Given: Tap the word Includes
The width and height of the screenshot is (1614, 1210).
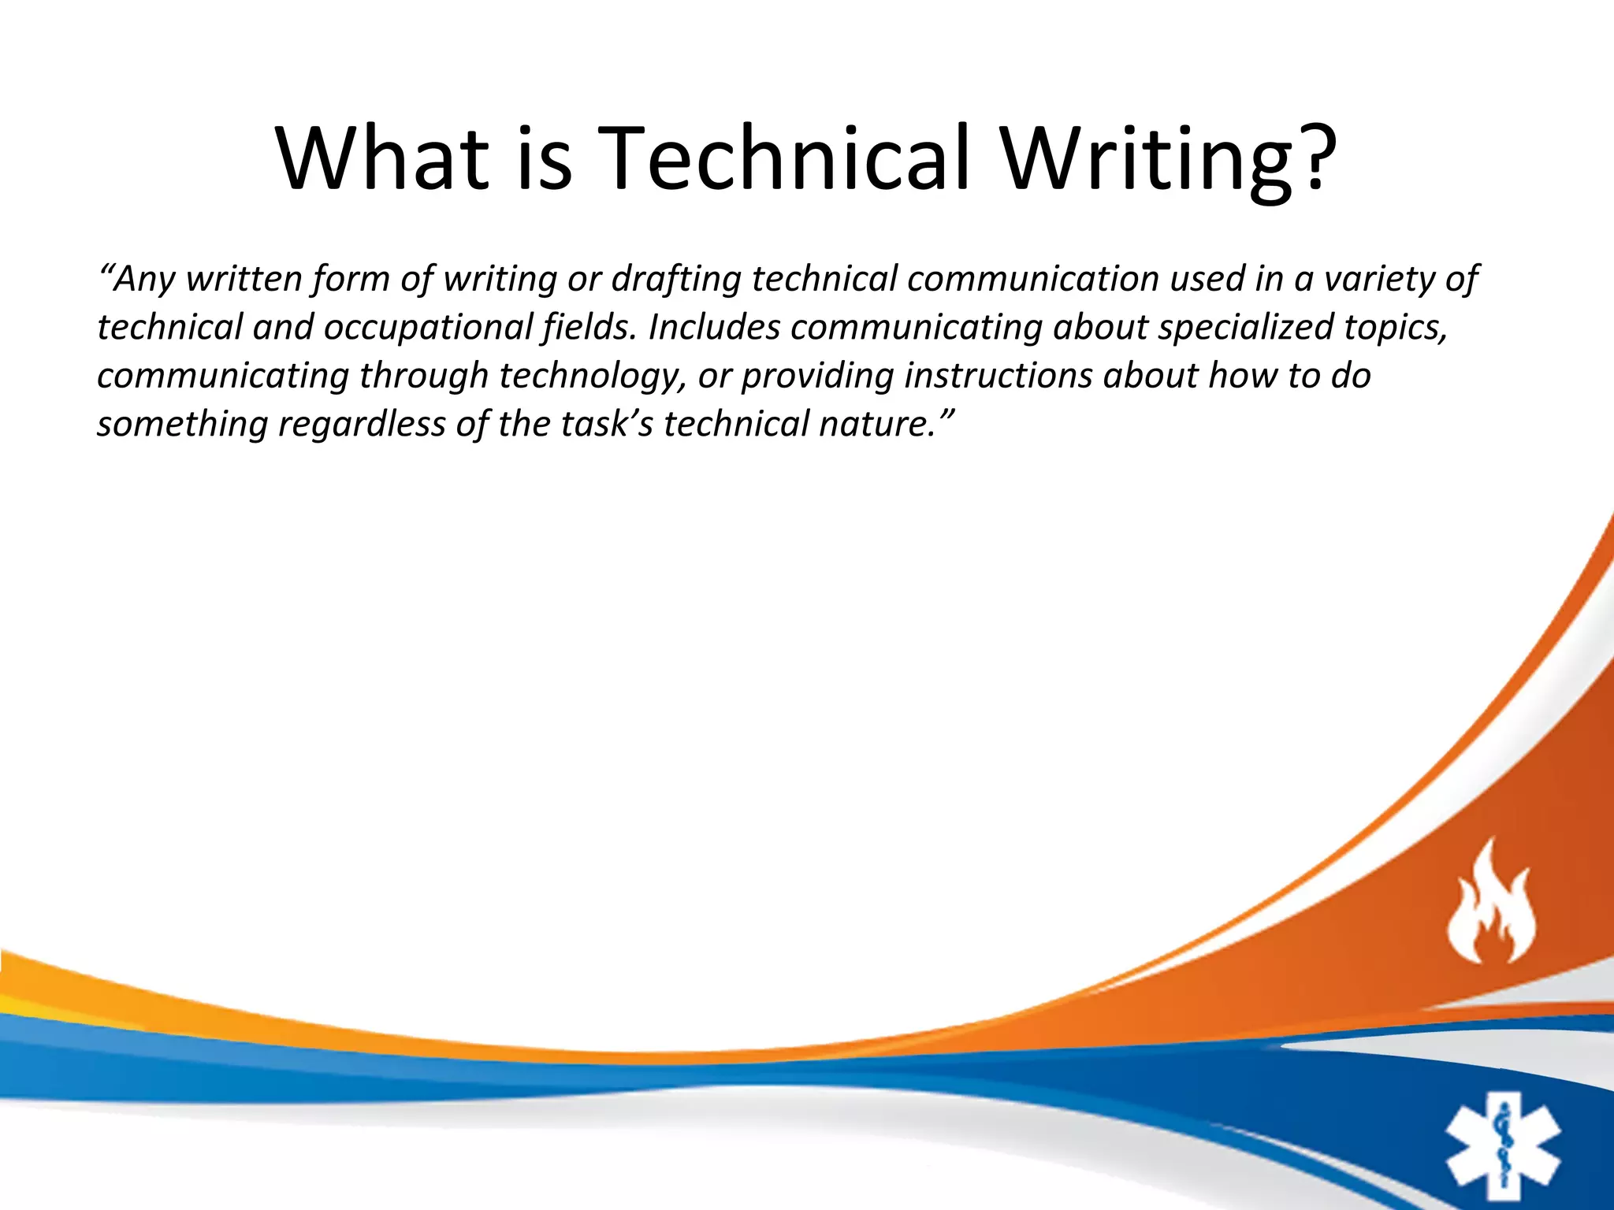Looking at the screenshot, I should (714, 328).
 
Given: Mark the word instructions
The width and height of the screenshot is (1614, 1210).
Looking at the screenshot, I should (998, 376).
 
